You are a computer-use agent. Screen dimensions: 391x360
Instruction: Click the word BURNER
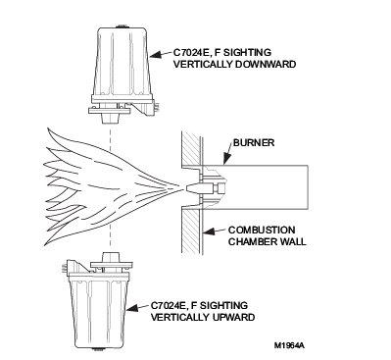click(254, 143)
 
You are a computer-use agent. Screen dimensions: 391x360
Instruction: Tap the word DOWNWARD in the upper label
click(266, 64)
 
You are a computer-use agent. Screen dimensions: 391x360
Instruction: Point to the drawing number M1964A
click(289, 345)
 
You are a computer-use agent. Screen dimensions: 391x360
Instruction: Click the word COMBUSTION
click(262, 231)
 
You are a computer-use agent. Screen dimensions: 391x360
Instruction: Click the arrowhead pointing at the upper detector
click(157, 54)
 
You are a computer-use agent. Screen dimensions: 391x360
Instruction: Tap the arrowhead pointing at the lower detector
click(134, 307)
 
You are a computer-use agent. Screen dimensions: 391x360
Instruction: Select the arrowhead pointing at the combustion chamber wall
click(209, 231)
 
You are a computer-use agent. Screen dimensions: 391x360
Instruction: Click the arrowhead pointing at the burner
click(225, 159)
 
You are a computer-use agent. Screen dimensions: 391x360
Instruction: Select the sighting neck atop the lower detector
click(110, 257)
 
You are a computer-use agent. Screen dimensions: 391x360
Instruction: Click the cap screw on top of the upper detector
click(122, 26)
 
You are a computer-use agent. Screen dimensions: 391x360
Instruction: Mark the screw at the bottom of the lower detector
click(97, 349)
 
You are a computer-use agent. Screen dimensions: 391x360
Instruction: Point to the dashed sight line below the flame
click(111, 238)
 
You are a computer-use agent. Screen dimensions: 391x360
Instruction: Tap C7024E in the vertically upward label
click(169, 306)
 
